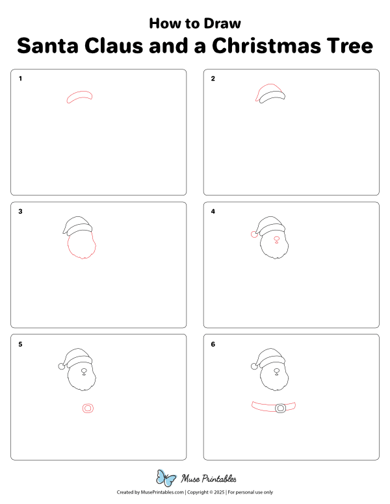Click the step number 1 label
(x=21, y=79)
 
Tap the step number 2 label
(x=213, y=79)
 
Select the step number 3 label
(x=21, y=212)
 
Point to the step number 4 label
(x=213, y=212)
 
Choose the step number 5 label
(x=21, y=344)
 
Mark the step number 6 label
(x=213, y=344)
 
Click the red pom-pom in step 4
(x=254, y=234)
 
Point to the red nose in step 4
(x=276, y=239)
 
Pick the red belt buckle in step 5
(x=88, y=409)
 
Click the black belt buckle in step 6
(x=281, y=409)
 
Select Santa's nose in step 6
(x=276, y=372)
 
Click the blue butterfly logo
(x=166, y=479)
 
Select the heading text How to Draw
(x=195, y=23)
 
